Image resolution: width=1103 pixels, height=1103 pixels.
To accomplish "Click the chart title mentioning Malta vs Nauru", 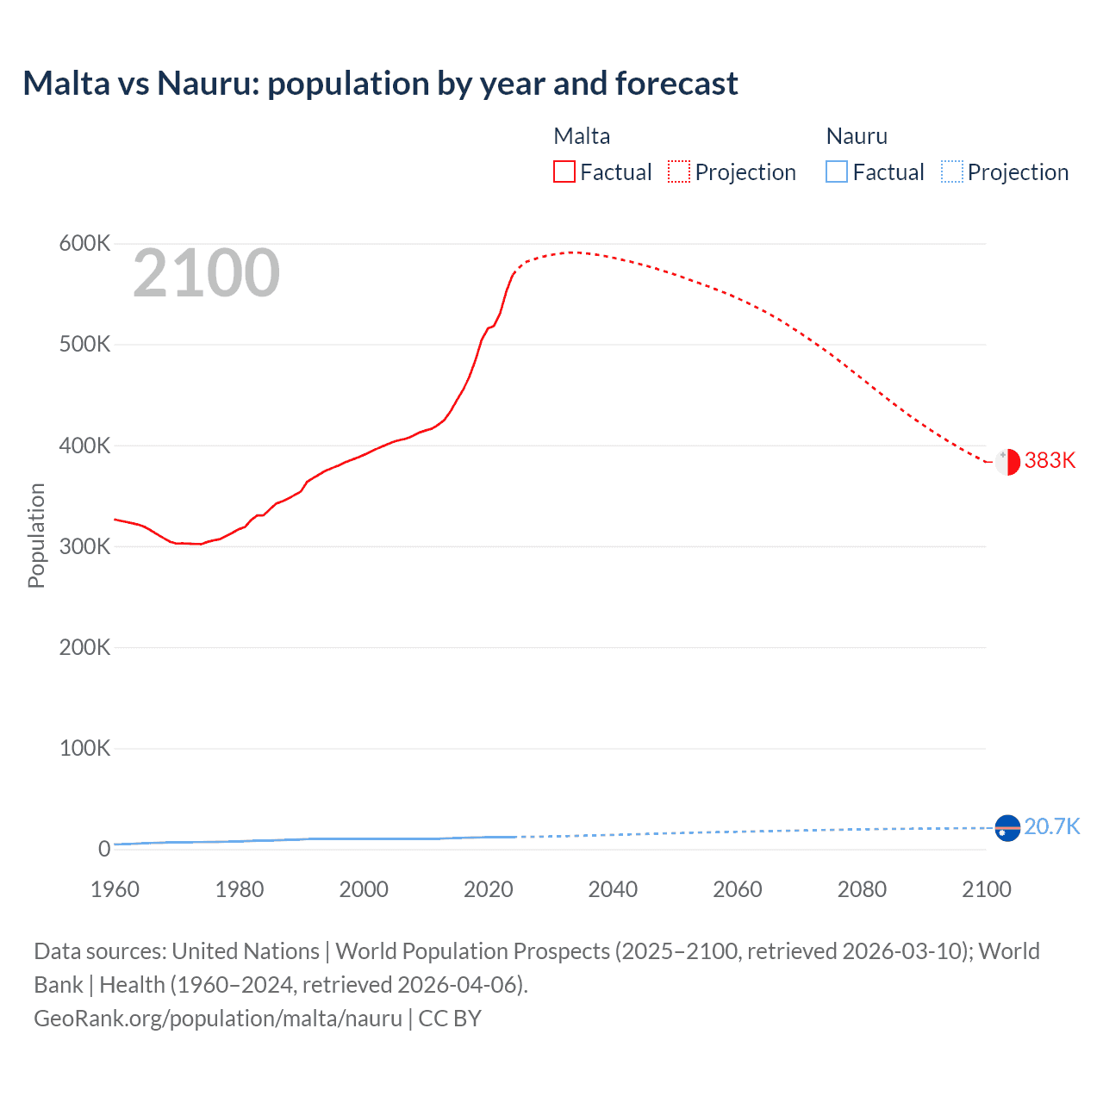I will coord(380,84).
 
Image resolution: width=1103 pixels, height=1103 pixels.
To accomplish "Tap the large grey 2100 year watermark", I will coord(206,273).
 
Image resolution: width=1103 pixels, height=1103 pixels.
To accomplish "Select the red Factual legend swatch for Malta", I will coord(564,171).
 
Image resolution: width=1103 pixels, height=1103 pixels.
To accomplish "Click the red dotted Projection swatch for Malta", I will coord(679,171).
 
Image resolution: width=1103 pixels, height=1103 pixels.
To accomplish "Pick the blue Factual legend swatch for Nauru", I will coord(836,171).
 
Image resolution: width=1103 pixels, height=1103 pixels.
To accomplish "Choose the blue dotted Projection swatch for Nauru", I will coord(951,171).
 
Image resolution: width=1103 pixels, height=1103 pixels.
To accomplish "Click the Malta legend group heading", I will coord(582,136).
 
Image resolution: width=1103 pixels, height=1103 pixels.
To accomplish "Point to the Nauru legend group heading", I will coord(857,136).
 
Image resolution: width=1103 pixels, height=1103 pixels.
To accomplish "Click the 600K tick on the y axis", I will coord(84,244).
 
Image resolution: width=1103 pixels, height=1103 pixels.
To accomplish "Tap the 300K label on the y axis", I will coord(84,546).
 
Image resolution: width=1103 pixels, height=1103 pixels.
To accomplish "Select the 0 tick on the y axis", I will coord(103,849).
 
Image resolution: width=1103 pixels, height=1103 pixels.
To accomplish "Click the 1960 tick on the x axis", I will coord(115,889).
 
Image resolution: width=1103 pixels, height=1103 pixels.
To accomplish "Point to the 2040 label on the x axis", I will coord(613,889).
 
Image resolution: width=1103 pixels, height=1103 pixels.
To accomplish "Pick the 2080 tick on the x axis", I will coord(862,889).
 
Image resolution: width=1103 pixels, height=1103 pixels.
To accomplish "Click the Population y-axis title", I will coord(36,535).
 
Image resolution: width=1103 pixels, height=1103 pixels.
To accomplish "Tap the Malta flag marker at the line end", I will coord(1007,462).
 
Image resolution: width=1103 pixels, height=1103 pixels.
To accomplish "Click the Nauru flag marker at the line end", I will coord(1007,828).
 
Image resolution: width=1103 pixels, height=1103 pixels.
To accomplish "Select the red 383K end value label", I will coord(1050,461).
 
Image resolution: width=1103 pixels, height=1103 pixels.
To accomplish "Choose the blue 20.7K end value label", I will coord(1051,827).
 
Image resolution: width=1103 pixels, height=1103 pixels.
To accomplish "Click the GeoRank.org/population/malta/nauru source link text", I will coord(218,1019).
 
